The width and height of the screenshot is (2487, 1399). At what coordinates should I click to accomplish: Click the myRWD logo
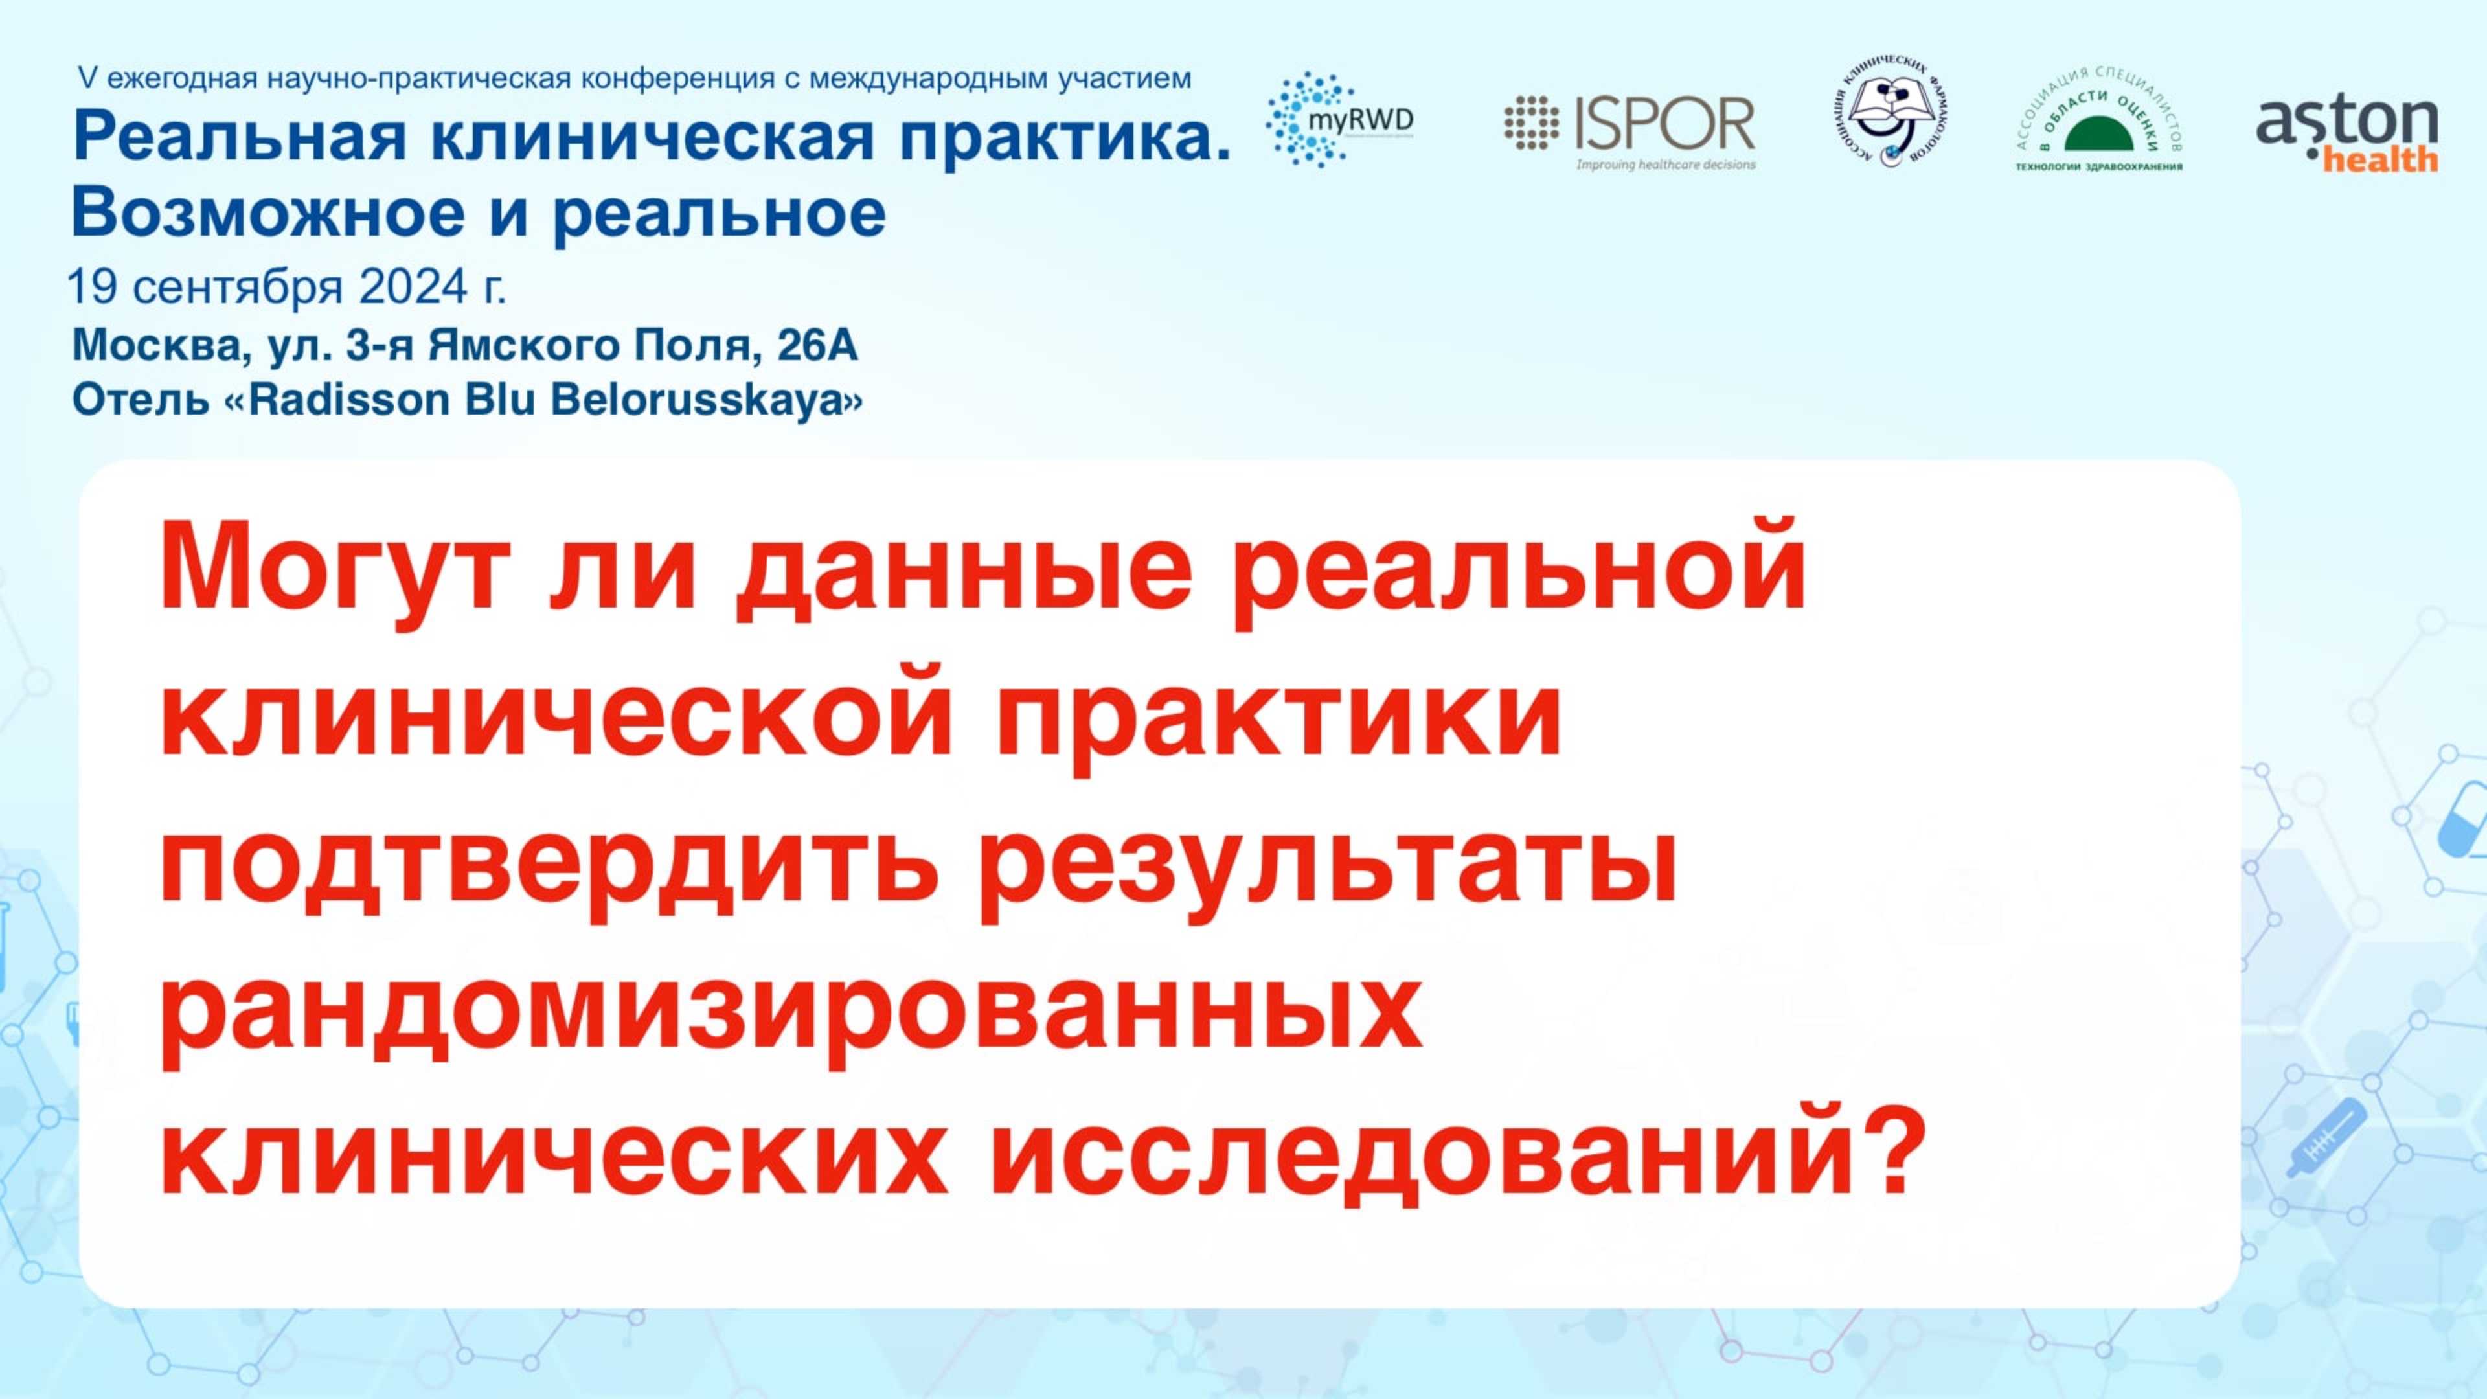point(1339,120)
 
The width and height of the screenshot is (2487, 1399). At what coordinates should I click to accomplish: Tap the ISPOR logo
point(1631,130)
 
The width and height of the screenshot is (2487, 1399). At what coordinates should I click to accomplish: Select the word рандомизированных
point(789,1014)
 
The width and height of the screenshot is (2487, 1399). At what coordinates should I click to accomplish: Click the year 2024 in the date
point(413,287)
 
